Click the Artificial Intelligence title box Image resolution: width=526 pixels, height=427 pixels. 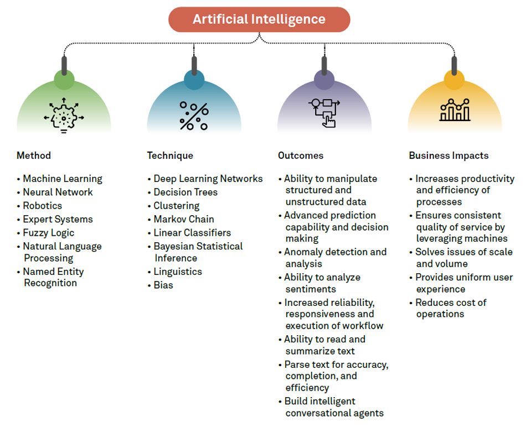pos(259,19)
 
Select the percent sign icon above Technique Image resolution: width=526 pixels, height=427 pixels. pos(194,116)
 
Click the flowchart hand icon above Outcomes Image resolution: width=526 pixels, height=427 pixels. pos(324,113)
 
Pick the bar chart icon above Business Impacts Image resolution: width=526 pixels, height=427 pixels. pos(455,111)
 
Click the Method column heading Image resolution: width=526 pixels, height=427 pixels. pos(34,155)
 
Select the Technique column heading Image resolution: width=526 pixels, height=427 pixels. pos(170,155)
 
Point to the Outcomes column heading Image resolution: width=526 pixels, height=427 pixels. pos(301,155)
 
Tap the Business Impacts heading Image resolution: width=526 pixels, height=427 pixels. pos(448,155)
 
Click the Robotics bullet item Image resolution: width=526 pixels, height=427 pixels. pos(43,206)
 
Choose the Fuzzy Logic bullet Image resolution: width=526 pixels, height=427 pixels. pos(48,233)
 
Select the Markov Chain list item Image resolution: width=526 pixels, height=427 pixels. pos(184,219)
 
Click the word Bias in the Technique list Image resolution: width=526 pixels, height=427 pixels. pos(163,285)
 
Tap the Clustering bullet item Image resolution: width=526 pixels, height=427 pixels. pos(176,206)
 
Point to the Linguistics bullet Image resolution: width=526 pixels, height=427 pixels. pos(178,272)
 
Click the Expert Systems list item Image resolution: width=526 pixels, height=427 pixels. pos(58,219)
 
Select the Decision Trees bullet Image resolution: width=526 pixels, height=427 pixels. pos(185,192)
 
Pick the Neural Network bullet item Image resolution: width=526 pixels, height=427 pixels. pos(58,192)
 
